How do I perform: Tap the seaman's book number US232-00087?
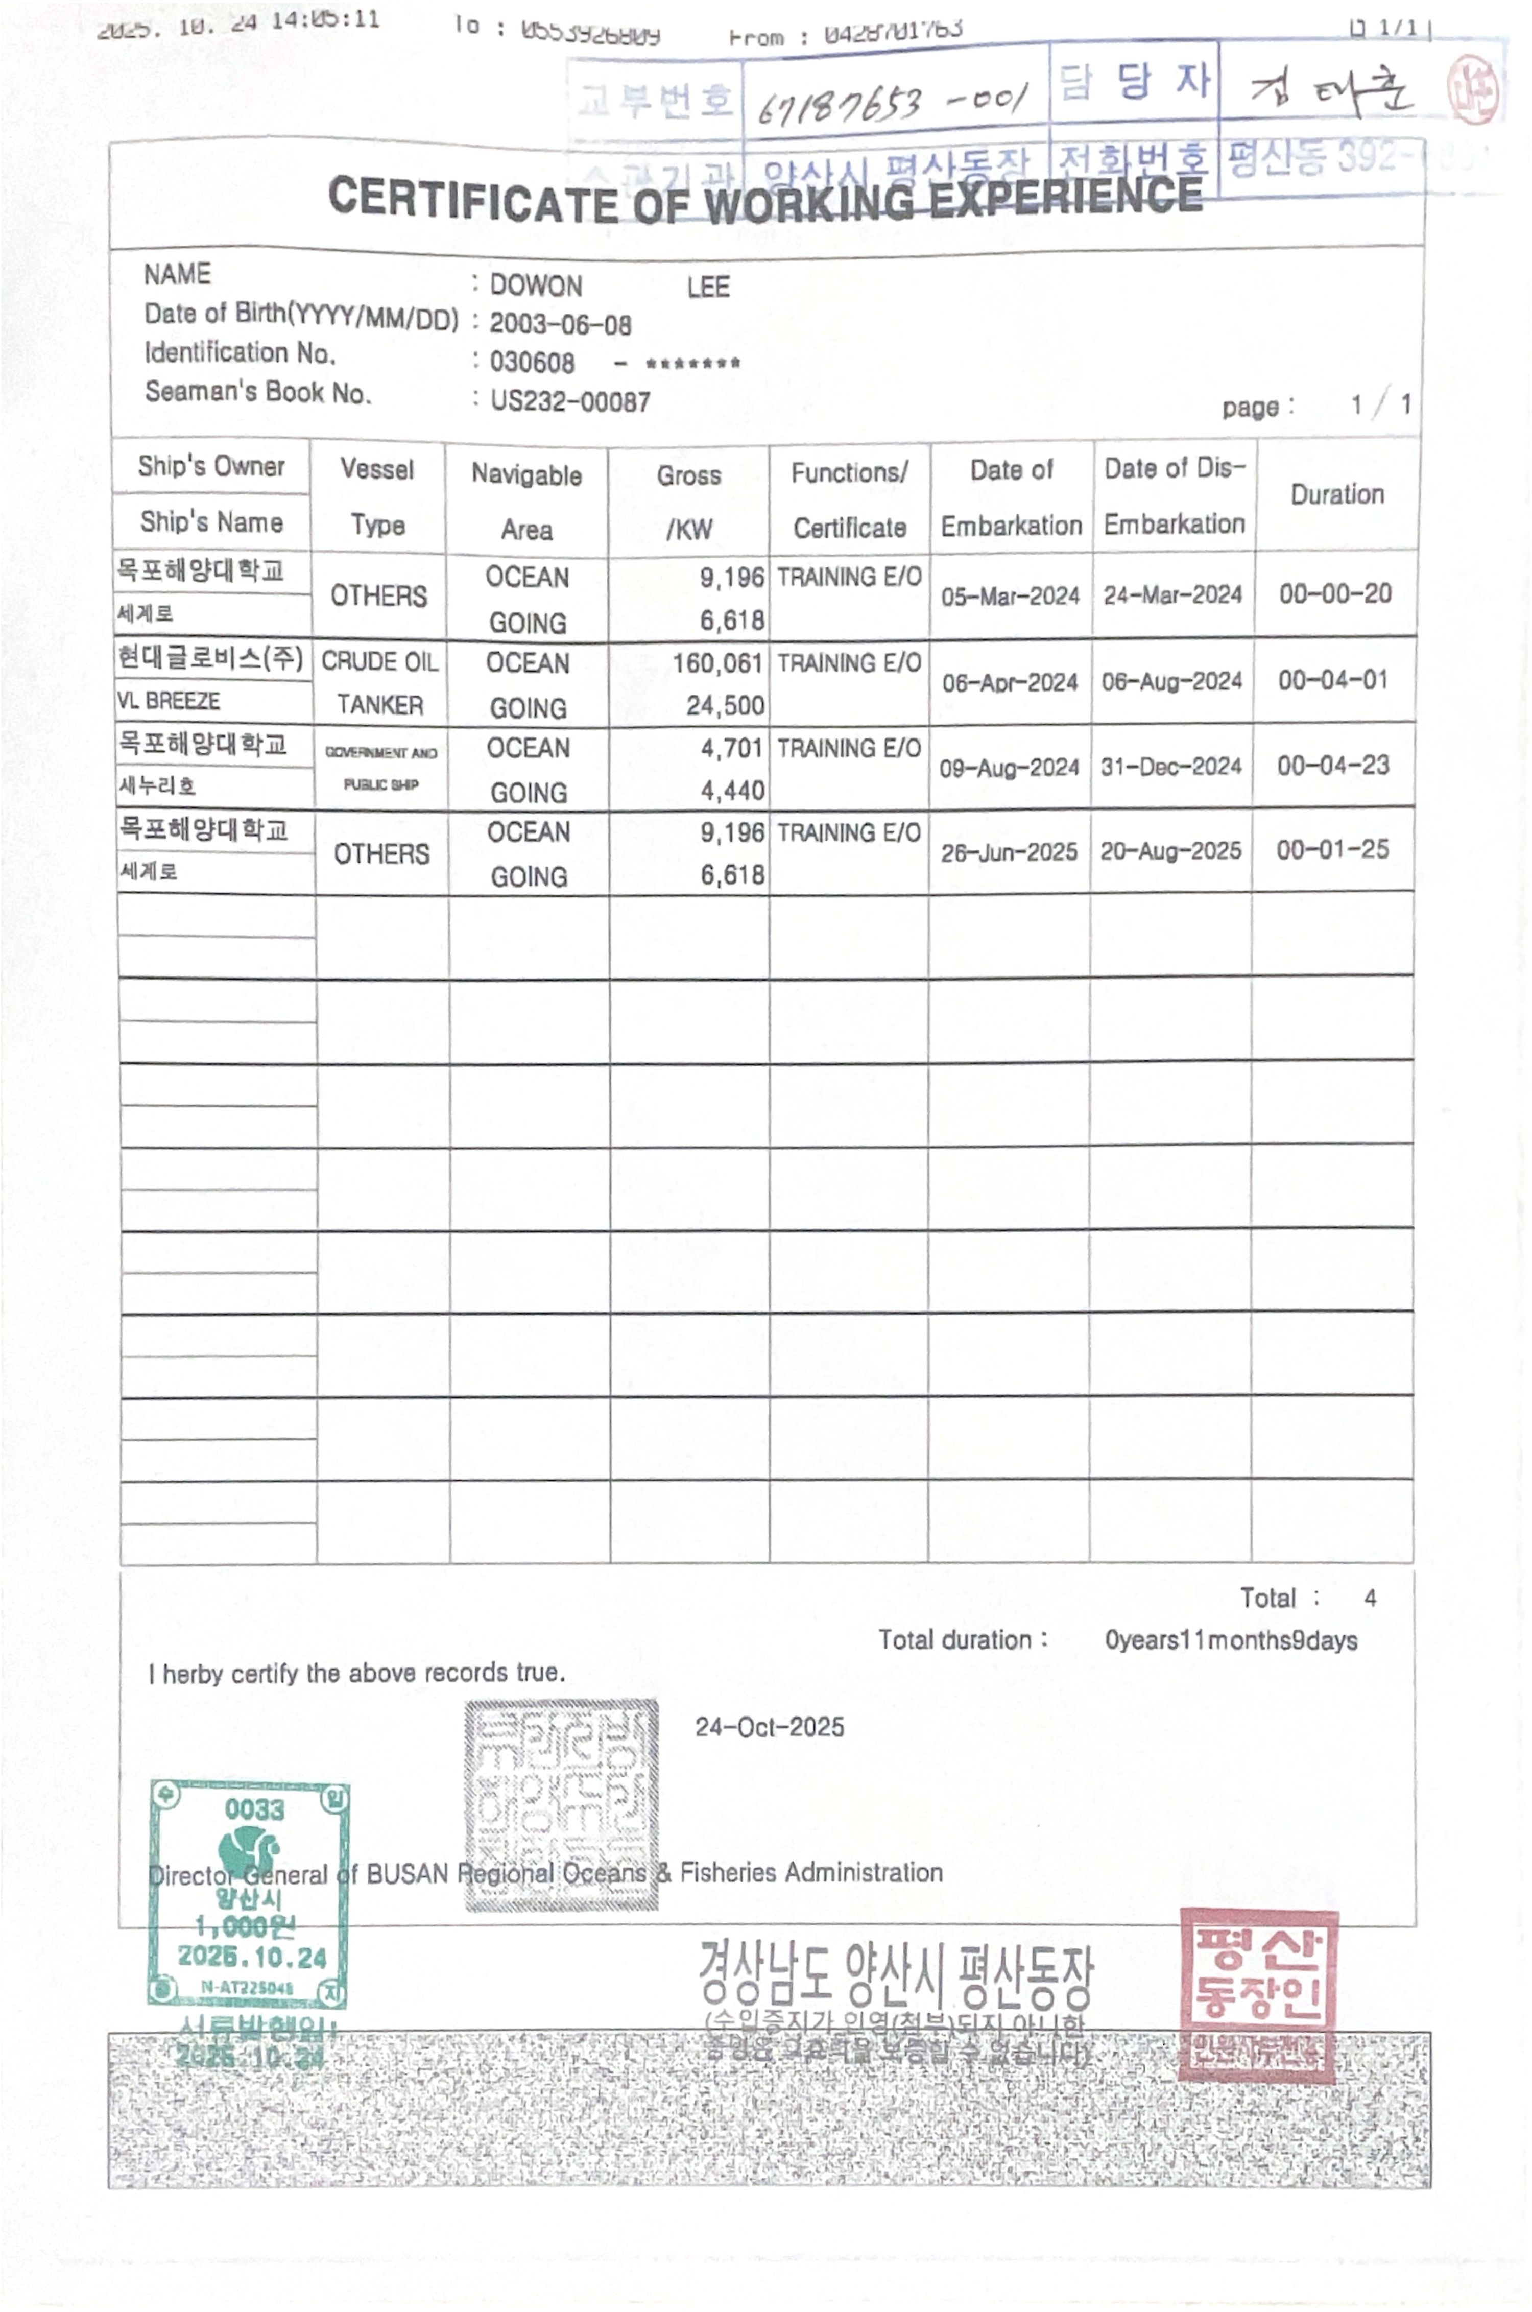(x=569, y=401)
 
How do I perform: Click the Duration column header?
(x=1336, y=494)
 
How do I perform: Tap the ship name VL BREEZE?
(x=168, y=701)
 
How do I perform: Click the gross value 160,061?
(x=717, y=663)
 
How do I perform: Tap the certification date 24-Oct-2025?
(x=769, y=1727)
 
